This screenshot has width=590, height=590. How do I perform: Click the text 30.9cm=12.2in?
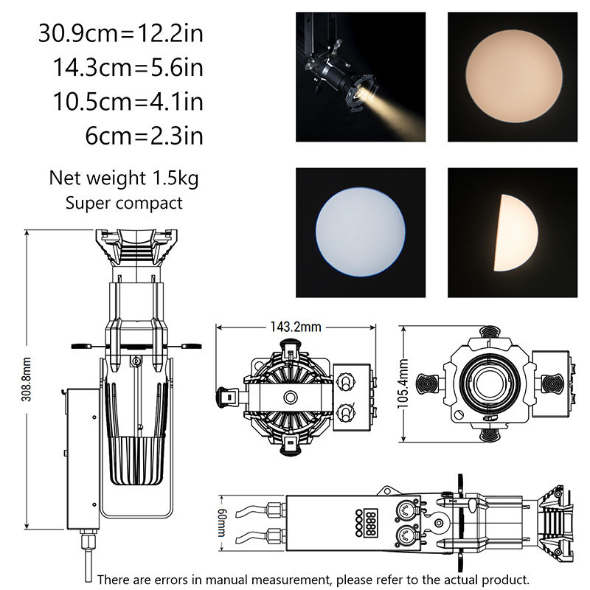tap(120, 33)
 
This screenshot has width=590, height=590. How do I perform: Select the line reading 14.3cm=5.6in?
tap(128, 68)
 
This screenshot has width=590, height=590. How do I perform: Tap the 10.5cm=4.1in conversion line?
tap(128, 102)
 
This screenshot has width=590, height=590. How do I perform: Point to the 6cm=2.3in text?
tap(144, 136)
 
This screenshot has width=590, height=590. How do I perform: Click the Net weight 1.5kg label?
tap(124, 178)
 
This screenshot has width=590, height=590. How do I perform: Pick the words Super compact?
tap(124, 204)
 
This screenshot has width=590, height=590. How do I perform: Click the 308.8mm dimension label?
tap(27, 380)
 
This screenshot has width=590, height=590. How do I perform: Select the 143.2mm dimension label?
tap(296, 327)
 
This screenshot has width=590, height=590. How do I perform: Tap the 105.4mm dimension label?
tap(403, 383)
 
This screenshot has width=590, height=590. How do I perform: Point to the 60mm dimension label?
tap(222, 523)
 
